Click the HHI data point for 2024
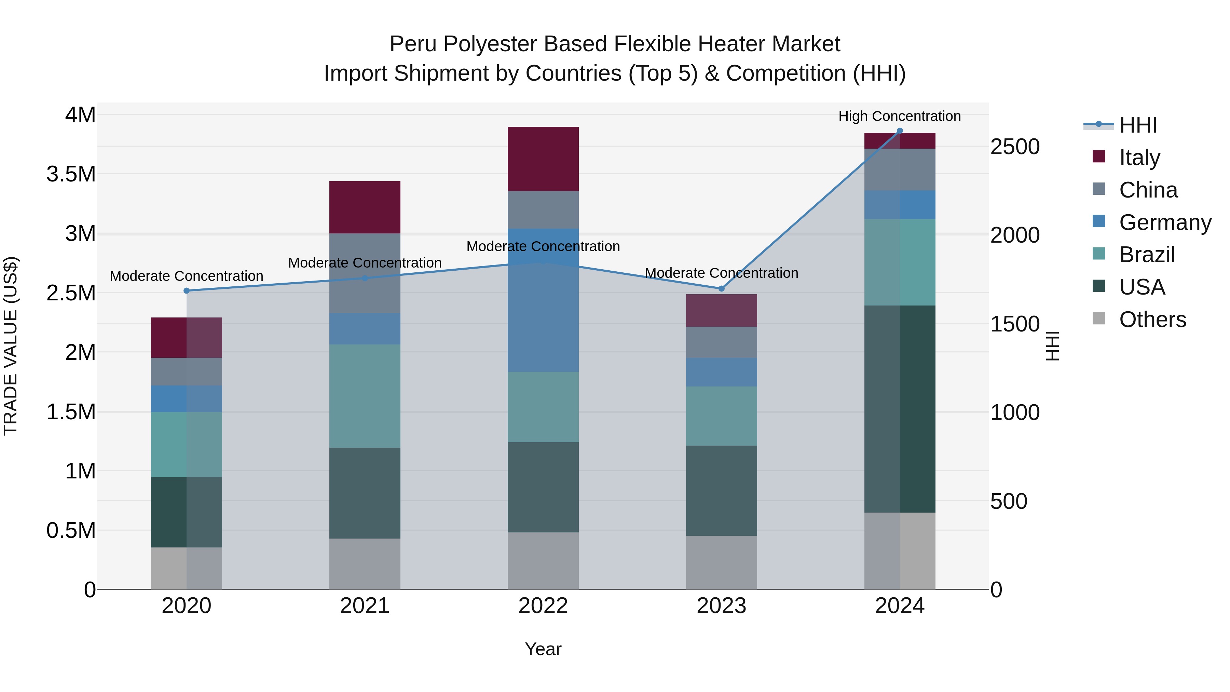[900, 131]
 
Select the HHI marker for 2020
[187, 290]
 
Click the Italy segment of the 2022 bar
[543, 159]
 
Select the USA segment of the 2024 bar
[900, 409]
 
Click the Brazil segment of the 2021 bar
[365, 396]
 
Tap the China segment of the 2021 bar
[365, 273]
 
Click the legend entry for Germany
[1165, 222]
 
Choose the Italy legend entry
[1139, 158]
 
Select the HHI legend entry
[1138, 125]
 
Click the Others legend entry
[1152, 320]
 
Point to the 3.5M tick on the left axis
[71, 174]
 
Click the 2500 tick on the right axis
[1015, 147]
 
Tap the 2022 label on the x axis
[543, 606]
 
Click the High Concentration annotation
[900, 116]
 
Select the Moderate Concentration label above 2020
[187, 276]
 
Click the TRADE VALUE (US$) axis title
[11, 346]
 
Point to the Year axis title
[543, 649]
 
